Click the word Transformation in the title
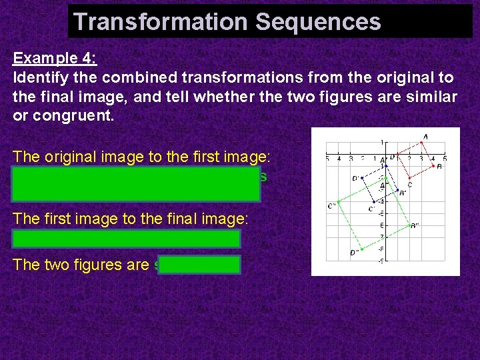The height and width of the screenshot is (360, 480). click(x=160, y=22)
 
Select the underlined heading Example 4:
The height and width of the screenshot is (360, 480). click(x=55, y=58)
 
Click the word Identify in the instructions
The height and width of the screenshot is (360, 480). click(x=41, y=77)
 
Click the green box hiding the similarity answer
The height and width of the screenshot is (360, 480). click(x=200, y=265)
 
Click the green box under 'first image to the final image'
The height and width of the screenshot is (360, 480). click(x=126, y=239)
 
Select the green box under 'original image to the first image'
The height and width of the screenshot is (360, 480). click(x=136, y=185)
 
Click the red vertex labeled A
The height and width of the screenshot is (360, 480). click(x=421, y=143)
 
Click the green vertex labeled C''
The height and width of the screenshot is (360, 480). click(x=339, y=201)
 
